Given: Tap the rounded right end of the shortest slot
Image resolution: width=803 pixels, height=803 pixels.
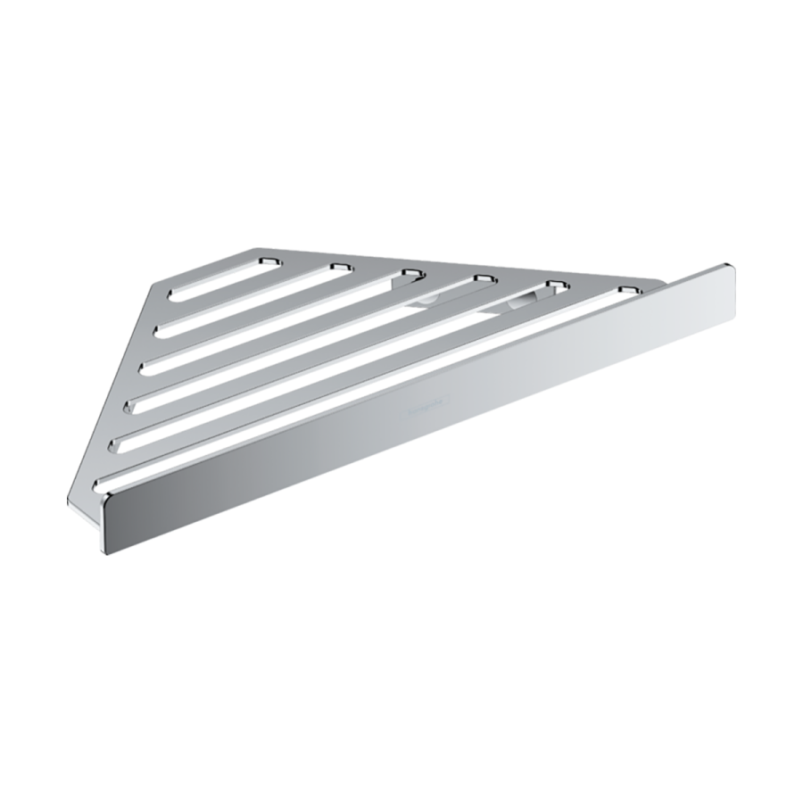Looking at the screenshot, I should point(265,259).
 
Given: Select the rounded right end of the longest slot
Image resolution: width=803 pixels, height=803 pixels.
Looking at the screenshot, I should point(629,292).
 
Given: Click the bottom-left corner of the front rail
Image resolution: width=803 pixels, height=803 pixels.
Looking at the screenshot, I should point(109,551).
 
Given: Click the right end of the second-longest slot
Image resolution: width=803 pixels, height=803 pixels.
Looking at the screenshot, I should point(557,286).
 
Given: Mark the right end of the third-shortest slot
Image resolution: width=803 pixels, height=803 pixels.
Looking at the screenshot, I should point(410,273).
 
